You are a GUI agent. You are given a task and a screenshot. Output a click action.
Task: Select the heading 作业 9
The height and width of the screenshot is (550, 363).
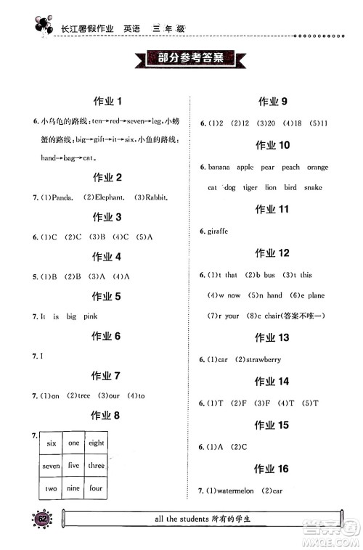[273, 101]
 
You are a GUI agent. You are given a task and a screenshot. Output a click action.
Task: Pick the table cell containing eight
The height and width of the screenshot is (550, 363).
[96, 443]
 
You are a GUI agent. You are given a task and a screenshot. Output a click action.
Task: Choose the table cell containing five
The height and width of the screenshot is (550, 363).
[73, 466]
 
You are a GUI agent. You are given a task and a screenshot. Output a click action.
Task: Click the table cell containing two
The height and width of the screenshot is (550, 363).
[51, 488]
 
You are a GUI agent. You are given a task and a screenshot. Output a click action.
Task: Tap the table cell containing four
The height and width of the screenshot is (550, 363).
[96, 488]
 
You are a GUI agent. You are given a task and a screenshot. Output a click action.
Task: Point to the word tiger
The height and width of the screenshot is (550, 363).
[250, 188]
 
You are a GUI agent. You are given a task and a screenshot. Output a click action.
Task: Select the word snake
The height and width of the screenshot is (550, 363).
[313, 188]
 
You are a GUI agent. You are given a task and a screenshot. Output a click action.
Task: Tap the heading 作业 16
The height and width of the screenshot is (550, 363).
[273, 469]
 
